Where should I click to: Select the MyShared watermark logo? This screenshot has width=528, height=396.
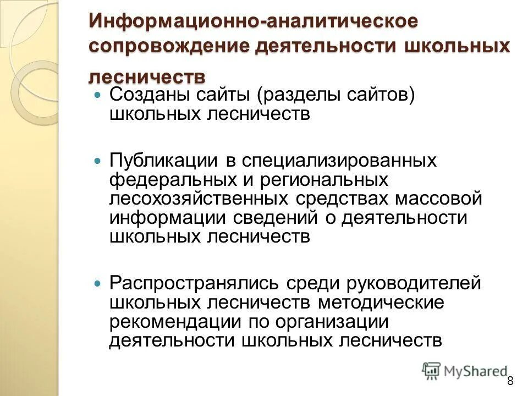tap(464, 371)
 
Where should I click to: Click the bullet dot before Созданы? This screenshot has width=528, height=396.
tap(98, 95)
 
